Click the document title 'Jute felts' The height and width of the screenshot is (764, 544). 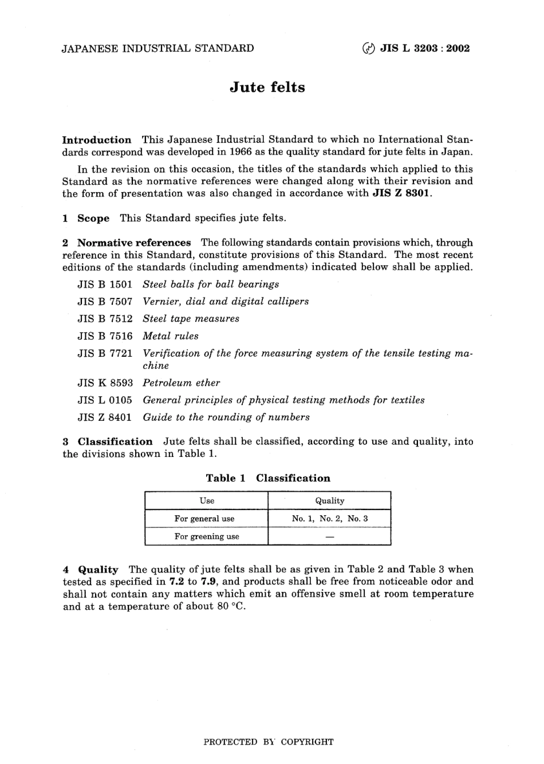pos(267,87)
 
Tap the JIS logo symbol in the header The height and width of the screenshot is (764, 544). pos(369,49)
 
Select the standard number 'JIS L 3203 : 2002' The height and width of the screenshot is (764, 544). pos(425,49)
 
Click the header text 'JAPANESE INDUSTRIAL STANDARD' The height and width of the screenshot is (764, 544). pos(157,49)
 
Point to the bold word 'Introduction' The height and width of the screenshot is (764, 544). pos(97,140)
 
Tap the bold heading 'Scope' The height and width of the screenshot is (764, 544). pos(93,218)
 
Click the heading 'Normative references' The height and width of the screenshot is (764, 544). pos(134,243)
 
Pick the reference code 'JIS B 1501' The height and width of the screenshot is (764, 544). pos(105,285)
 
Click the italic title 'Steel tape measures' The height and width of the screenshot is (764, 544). pos(191,319)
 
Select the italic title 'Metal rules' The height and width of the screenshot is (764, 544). pos(171,336)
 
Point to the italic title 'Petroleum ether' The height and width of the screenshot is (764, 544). pos(181,383)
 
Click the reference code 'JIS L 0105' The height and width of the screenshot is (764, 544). pos(105,400)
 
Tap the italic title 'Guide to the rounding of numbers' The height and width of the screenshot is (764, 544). pos(226,417)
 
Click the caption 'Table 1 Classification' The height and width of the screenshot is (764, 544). pos(268,479)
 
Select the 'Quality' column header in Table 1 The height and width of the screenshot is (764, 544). pos(330,501)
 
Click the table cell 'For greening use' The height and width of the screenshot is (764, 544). pos(207,536)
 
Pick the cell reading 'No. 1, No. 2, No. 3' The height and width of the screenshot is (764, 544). pos(330,519)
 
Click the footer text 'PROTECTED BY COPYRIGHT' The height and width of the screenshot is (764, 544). pos(269,742)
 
